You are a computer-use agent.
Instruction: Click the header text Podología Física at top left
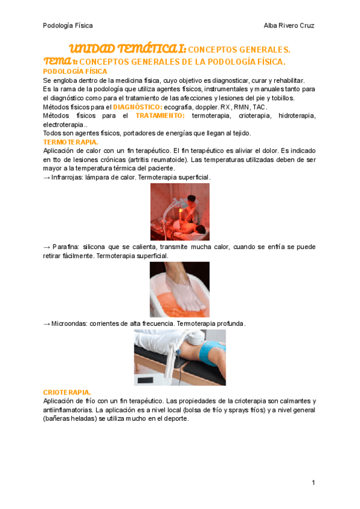click(x=68, y=25)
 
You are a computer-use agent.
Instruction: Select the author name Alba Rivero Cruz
click(x=289, y=25)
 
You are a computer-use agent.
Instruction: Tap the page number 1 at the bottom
click(x=313, y=483)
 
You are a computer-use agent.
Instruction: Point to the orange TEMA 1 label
click(x=60, y=62)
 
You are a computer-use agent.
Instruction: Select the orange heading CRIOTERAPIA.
click(x=67, y=391)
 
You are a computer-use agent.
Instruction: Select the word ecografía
click(x=180, y=107)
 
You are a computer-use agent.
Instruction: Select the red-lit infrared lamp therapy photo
click(x=179, y=212)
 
